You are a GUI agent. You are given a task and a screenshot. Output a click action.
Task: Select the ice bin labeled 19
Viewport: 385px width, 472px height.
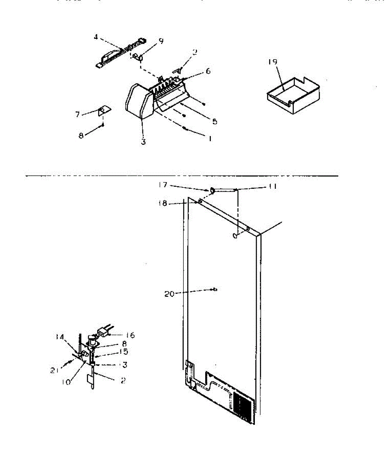(x=293, y=94)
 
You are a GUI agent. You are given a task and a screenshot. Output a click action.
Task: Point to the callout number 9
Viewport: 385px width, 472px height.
(x=161, y=41)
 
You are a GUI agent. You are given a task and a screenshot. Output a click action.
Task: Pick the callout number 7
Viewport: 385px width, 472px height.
(x=77, y=114)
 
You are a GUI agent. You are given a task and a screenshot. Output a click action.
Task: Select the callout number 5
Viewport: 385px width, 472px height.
(x=214, y=122)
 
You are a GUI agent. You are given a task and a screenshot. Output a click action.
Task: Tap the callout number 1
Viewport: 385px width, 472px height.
(x=210, y=139)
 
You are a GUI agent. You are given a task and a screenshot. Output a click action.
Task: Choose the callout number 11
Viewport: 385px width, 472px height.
(x=272, y=186)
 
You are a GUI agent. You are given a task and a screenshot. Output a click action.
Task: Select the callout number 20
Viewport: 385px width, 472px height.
(x=169, y=293)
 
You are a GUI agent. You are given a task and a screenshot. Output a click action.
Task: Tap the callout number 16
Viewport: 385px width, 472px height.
(x=130, y=335)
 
